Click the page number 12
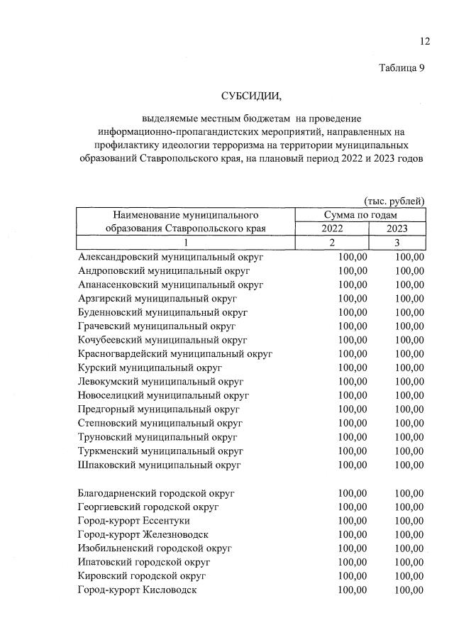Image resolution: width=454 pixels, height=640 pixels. (x=424, y=42)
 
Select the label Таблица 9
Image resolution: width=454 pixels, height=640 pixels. (x=402, y=68)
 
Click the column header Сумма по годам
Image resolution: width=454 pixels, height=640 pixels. (x=360, y=214)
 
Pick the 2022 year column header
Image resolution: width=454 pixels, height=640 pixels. (x=332, y=228)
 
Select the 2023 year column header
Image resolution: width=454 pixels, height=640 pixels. (x=397, y=228)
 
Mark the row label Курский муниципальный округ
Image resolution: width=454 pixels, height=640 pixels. (x=150, y=368)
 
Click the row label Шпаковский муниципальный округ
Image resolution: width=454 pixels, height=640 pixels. (x=160, y=465)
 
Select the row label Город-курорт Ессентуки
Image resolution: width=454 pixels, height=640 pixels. (x=134, y=520)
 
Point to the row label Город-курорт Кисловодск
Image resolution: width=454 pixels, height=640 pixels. (x=138, y=590)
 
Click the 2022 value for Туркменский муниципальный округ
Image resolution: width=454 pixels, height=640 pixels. (x=353, y=451)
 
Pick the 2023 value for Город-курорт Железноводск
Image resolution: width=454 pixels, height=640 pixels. (x=409, y=534)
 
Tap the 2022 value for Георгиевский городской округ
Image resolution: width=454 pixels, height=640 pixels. (x=353, y=507)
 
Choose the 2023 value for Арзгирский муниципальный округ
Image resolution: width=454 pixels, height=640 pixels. (x=409, y=298)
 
